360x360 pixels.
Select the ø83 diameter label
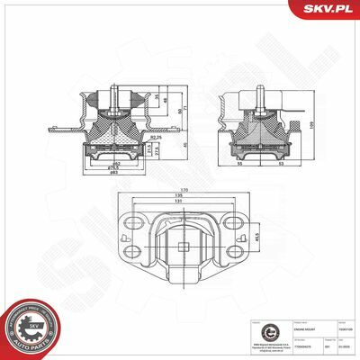coord(113,172)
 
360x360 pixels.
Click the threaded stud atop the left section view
coord(115,94)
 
